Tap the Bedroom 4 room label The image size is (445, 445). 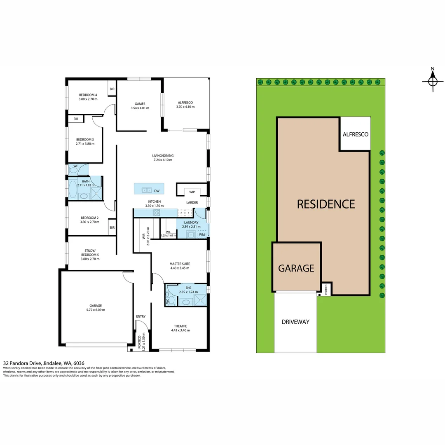tap(88, 95)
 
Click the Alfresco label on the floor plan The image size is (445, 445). tap(185, 102)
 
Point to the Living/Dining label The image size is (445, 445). tap(163, 155)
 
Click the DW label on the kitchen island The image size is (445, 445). tap(157, 191)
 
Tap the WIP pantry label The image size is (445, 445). tap(192, 192)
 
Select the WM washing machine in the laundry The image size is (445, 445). tap(202, 234)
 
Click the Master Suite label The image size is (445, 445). tap(180, 263)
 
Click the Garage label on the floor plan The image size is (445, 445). tap(96, 305)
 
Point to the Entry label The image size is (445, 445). tap(141, 316)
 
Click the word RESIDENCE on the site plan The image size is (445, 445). tap(326, 204)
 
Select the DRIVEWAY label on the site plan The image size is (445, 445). tap(295, 322)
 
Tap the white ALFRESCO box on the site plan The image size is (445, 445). tap(355, 134)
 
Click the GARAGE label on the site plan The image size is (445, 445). tap(296, 268)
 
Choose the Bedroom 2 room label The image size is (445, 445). tap(89, 218)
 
